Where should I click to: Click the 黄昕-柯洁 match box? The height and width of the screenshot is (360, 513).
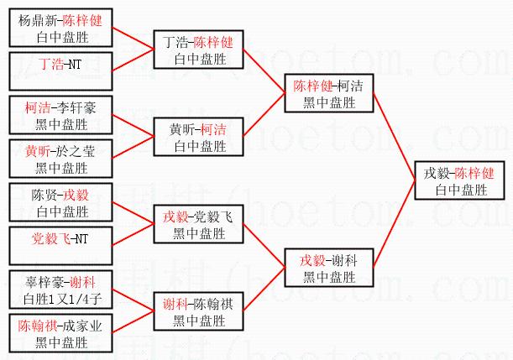tap(199, 137)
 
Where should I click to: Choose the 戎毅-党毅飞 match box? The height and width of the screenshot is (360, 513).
tap(199, 225)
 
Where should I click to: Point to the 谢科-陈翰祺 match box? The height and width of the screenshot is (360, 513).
tap(199, 311)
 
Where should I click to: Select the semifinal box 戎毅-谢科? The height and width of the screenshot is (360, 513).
tap(327, 267)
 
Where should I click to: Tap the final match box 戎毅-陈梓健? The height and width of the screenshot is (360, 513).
tap(458, 180)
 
